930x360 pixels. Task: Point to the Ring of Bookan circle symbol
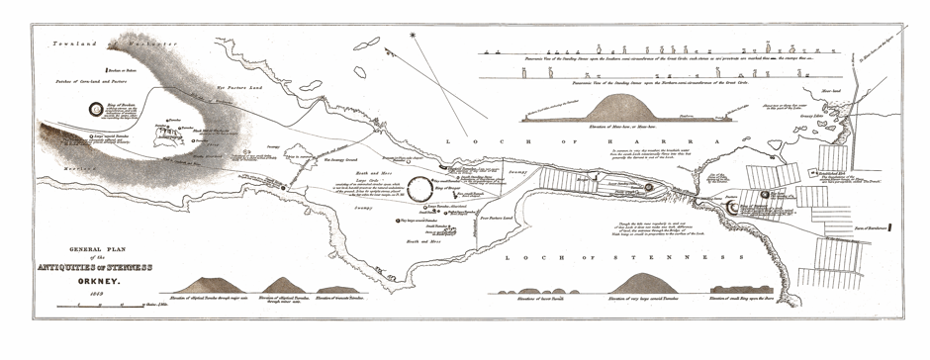click(95, 111)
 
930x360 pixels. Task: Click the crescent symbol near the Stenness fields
click(732, 209)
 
